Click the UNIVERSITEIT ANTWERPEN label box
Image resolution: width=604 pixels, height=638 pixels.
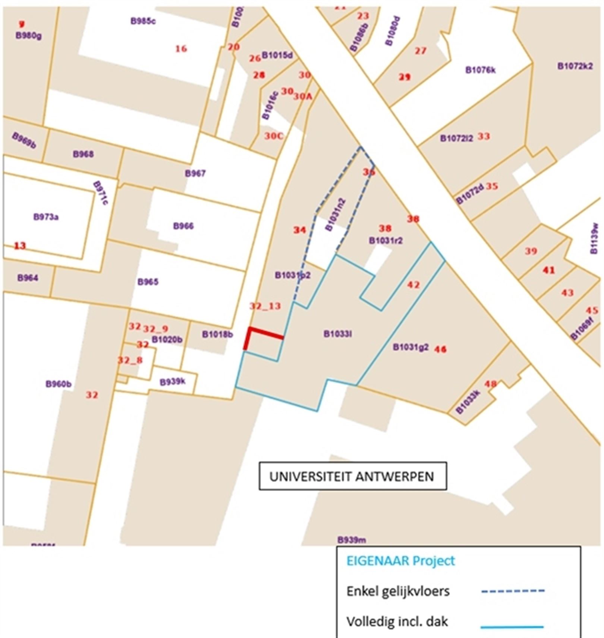tap(352, 476)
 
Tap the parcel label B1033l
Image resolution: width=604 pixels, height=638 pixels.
tap(338, 334)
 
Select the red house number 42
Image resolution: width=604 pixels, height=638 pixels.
tap(413, 285)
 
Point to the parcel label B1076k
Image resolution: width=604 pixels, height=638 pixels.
tap(480, 70)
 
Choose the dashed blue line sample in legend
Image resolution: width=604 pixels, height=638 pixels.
tap(513, 591)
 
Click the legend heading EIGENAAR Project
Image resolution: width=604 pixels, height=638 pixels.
tap(401, 561)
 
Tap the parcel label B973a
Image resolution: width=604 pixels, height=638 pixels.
tap(46, 217)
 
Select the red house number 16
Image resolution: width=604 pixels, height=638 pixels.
tap(181, 49)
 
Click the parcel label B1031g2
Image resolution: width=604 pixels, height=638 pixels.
tap(410, 347)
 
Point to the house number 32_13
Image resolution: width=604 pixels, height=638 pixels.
tap(265, 306)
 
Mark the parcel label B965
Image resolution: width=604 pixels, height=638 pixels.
tap(148, 282)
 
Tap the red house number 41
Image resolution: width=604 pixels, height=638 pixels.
tap(548, 270)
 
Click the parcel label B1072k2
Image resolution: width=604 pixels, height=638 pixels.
tap(575, 66)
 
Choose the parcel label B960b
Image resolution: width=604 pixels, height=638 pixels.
tap(59, 384)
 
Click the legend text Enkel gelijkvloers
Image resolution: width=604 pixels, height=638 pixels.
tap(398, 591)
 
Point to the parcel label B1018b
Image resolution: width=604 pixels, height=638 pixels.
tap(217, 334)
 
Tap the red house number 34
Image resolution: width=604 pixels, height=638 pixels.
tap(299, 230)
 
